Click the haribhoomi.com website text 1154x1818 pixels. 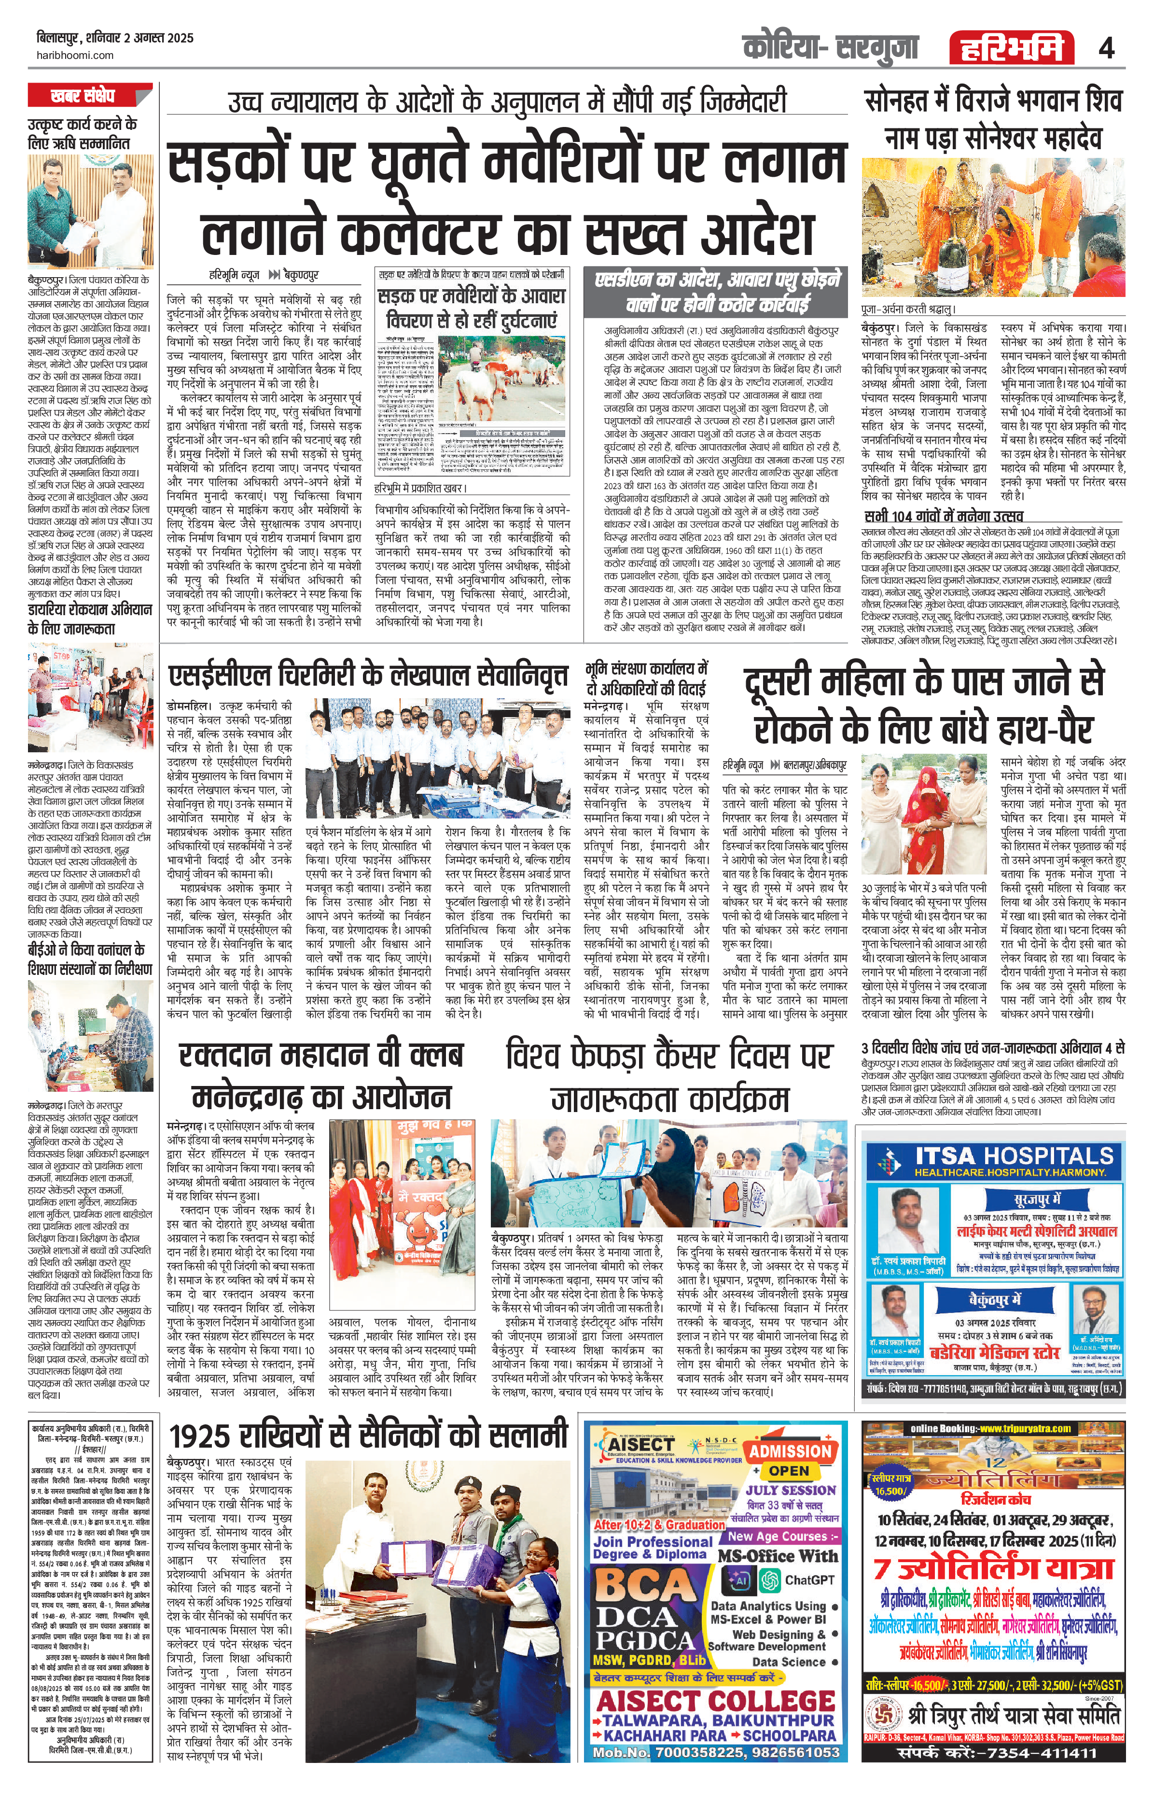[x=75, y=55]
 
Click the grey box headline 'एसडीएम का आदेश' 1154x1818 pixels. [x=716, y=292]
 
